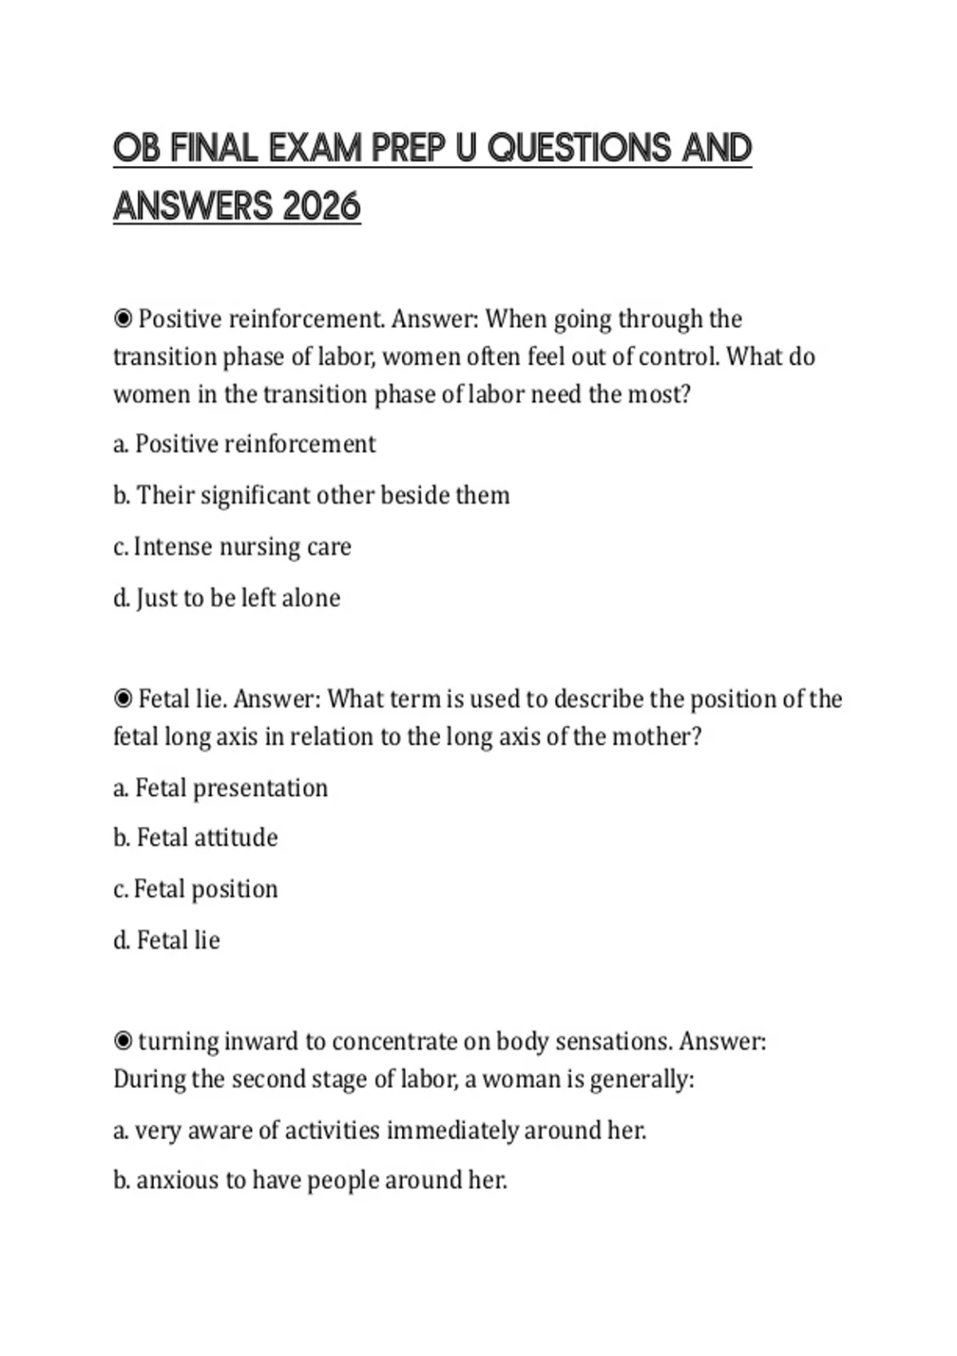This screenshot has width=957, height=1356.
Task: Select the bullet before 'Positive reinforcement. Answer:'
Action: coord(123,319)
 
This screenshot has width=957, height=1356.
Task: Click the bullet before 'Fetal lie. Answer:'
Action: coord(123,699)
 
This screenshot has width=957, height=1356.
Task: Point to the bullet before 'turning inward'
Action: coord(123,1041)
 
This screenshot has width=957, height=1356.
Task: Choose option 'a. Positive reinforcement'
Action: coord(244,443)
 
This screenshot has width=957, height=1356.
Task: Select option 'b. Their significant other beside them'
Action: coord(311,495)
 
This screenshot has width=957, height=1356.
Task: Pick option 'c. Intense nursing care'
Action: coord(232,547)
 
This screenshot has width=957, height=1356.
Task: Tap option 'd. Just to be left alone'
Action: coord(226,598)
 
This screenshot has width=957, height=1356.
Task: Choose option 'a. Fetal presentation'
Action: coord(220,788)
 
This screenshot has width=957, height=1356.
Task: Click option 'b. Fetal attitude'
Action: coord(195,838)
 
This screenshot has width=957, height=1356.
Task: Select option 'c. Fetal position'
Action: coord(195,889)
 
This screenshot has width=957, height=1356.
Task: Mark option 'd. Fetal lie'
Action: coord(167,940)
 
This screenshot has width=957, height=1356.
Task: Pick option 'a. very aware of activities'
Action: coord(380,1130)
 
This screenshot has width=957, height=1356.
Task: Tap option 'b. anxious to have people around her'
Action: coord(310,1180)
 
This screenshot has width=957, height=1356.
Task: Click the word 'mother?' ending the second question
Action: coord(656,736)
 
